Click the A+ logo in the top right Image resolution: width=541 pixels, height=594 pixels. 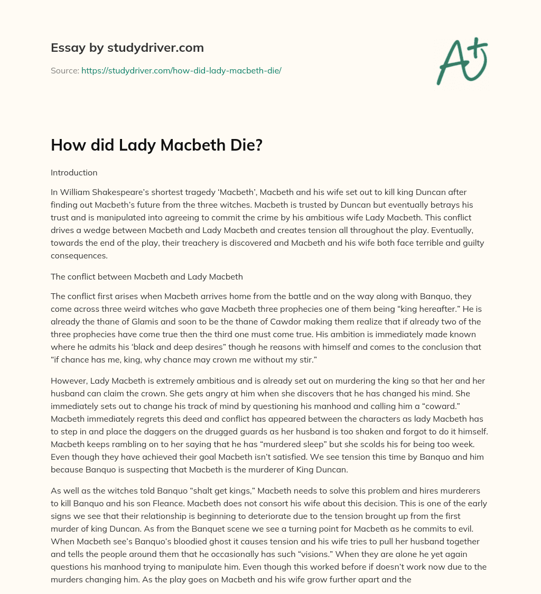(x=462, y=61)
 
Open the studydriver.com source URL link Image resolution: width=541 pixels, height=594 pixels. (x=181, y=70)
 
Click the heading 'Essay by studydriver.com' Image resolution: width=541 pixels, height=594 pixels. (x=127, y=48)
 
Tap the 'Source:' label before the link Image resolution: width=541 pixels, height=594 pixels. (x=64, y=70)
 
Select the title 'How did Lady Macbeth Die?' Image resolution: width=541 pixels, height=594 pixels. (x=156, y=145)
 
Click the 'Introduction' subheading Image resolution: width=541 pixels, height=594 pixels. (x=74, y=172)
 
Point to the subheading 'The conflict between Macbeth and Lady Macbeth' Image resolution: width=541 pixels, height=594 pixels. (x=146, y=276)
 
